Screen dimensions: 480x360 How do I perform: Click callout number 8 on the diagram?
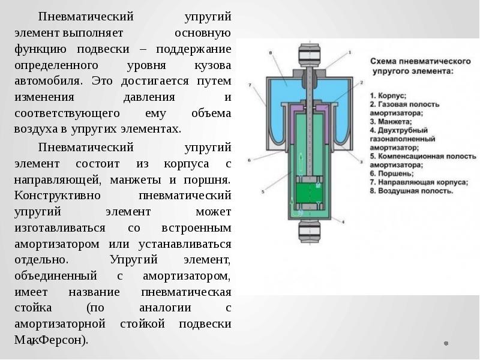(x=271, y=53)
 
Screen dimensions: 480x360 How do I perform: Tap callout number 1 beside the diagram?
(x=350, y=53)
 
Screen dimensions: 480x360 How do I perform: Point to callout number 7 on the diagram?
(x=248, y=86)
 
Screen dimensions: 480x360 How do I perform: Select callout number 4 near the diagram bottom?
(x=343, y=221)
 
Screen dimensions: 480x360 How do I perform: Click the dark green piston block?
(x=308, y=193)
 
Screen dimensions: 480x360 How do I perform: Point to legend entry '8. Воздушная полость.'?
(x=411, y=191)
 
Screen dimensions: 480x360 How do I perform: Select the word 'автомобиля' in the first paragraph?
(x=44, y=81)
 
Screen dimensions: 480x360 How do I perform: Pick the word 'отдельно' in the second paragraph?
(x=41, y=260)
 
